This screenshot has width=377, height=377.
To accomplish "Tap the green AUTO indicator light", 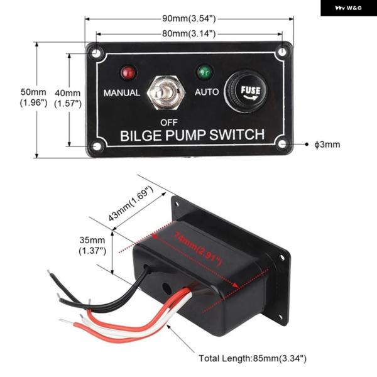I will point(204,71).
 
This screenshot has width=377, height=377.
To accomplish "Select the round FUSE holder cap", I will point(246,92).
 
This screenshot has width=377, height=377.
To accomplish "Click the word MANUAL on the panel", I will point(121,93).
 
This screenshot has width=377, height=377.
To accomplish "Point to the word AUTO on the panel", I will point(206,92).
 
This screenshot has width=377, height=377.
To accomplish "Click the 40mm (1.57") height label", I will point(68,97).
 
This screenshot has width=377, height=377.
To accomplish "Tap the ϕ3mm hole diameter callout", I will point(327,145).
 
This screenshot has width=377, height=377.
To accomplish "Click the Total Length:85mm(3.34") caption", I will point(252,358).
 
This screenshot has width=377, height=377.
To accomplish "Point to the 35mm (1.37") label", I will point(92,245).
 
